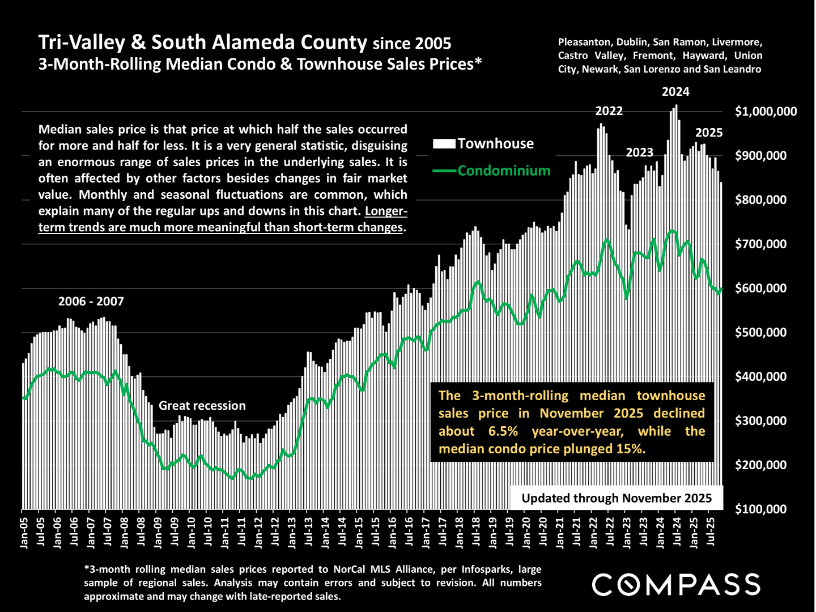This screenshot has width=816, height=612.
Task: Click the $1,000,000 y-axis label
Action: (766, 112)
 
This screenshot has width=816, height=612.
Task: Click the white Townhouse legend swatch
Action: (444, 144)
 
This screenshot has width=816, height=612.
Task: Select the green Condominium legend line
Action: (444, 171)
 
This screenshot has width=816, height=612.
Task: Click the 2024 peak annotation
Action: (675, 92)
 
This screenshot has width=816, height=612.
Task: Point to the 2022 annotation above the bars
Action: (609, 111)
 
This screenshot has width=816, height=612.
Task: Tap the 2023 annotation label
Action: (639, 152)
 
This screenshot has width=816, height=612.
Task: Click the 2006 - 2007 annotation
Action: (91, 301)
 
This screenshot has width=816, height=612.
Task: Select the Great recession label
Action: (202, 406)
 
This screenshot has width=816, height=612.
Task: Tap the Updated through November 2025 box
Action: (616, 498)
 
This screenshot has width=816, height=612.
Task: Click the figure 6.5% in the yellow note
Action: (503, 431)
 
